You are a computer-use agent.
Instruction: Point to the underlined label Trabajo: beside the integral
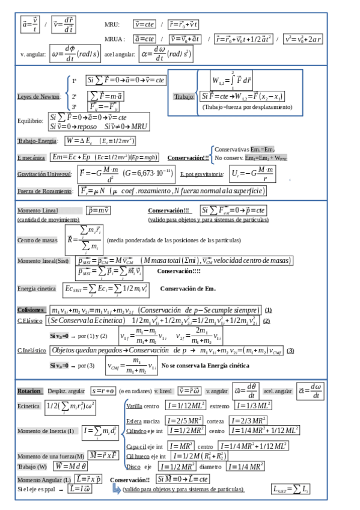point(184,96)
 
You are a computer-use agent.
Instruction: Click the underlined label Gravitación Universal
point(44,174)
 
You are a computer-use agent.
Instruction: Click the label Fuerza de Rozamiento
point(44,191)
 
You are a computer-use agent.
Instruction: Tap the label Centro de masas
point(38,239)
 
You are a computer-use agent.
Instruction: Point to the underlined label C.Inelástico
point(32,350)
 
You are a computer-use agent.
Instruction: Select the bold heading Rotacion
point(29,390)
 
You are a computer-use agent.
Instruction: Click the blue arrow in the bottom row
point(117,490)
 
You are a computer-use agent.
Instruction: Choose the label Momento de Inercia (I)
point(46,431)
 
